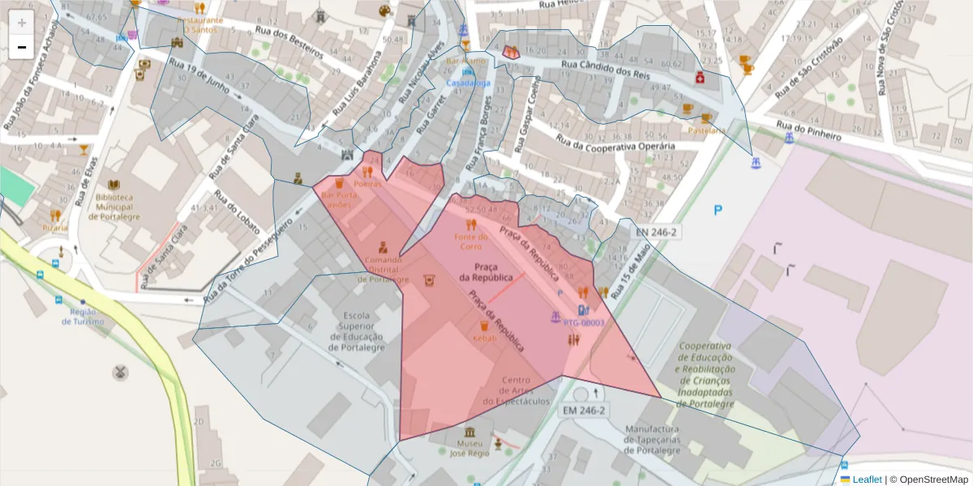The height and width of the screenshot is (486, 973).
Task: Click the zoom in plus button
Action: point(22,23)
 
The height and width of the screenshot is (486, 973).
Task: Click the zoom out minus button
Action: point(22,47)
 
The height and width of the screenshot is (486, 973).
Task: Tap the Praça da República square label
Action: point(486,272)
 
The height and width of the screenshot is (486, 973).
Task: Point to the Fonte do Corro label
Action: point(470,241)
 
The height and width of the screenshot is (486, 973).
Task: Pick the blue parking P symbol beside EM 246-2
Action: point(718,211)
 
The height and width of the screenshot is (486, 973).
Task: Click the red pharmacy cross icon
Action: point(699,78)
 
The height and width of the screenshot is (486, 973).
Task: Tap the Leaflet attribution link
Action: point(866,480)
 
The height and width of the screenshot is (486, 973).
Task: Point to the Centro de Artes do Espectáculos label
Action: point(517,390)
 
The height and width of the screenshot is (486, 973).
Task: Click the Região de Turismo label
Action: point(87,317)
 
